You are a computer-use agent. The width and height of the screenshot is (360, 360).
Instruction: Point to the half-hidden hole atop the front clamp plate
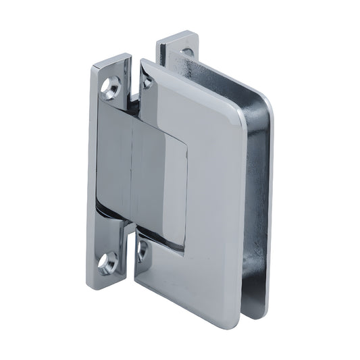[147, 82]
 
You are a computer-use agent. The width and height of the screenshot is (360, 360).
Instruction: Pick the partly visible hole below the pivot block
[142, 251]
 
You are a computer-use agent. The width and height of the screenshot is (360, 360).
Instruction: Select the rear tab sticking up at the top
[177, 46]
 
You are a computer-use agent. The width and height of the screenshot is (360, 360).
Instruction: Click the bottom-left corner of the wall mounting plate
[95, 284]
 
